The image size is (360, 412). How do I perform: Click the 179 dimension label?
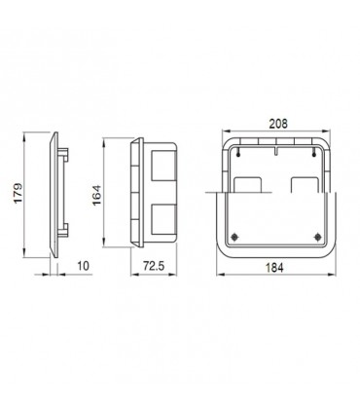18,194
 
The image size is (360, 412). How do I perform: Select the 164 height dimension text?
96,195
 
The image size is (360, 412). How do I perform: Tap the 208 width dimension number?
278,124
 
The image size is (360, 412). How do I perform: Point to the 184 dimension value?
274,268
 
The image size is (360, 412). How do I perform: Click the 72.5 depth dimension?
154,266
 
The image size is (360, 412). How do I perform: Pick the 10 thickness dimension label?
84,266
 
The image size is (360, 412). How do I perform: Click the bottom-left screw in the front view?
234,238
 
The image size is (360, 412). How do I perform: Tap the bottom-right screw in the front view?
317,238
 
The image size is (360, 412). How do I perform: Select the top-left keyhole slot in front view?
238,153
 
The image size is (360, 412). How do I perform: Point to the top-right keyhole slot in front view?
313,153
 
